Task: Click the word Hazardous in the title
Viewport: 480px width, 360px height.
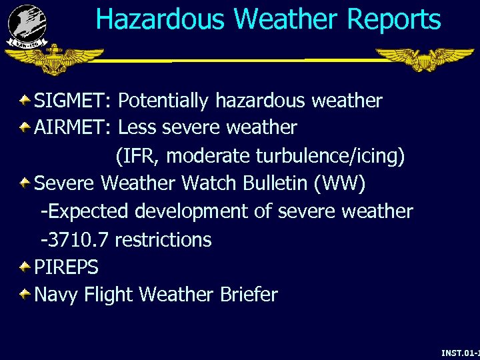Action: click(159, 20)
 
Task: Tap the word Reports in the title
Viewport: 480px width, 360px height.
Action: click(393, 20)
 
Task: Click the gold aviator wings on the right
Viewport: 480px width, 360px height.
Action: click(423, 59)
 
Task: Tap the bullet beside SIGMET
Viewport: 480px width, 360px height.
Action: click(24, 100)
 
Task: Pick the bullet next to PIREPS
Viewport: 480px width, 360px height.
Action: click(24, 267)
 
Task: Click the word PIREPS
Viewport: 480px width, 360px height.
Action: click(66, 267)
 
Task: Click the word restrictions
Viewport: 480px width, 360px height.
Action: click(163, 239)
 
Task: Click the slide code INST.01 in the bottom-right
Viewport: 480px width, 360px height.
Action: click(460, 351)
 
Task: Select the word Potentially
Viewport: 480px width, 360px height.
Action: click(163, 101)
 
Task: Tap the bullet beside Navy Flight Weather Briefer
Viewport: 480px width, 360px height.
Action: click(24, 293)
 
